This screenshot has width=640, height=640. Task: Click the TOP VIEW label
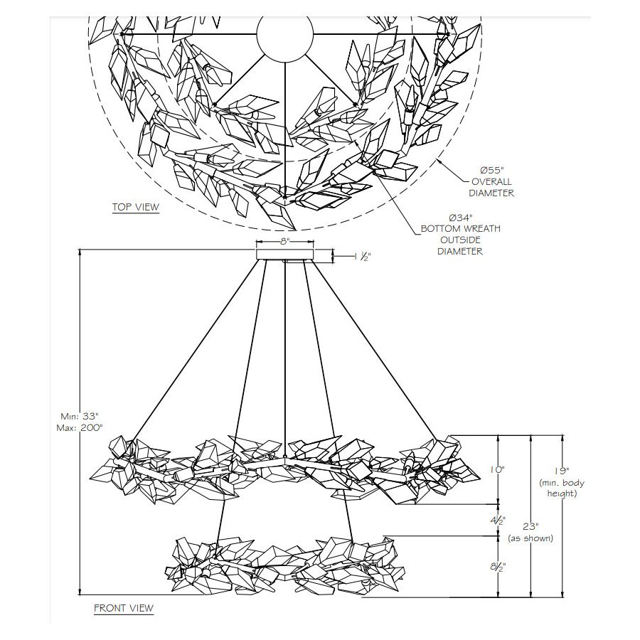136,208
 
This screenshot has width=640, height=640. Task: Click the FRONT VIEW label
124,608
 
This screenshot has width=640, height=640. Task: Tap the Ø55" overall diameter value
492,170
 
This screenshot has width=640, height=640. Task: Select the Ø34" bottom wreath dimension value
459,218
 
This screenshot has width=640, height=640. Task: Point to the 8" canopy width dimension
284,241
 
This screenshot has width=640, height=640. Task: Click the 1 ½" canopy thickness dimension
363,257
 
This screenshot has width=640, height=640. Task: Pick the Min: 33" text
80,417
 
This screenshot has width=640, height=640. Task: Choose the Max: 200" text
80,428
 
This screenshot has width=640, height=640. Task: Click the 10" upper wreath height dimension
497,470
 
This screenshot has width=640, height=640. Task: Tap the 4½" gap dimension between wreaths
498,521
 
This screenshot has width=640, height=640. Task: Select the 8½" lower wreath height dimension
498,567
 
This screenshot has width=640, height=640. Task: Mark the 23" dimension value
530,527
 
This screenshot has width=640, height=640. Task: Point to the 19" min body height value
562,471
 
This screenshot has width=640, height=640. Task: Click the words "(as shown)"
530,538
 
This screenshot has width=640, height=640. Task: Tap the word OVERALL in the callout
491,181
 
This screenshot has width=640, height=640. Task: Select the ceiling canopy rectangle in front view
285,255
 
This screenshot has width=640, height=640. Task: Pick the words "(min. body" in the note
562,483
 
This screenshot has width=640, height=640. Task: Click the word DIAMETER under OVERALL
491,193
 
